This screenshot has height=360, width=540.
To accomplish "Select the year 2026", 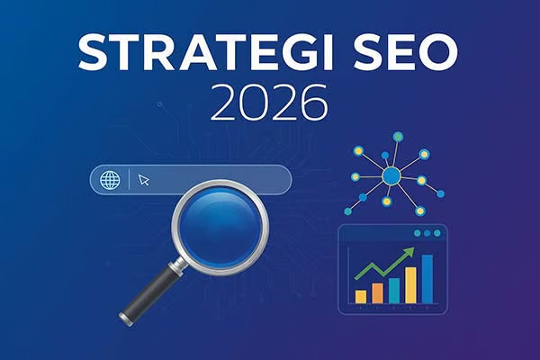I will [269, 104].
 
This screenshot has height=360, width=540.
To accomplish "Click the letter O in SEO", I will [441, 54].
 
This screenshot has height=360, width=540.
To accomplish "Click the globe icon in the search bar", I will [111, 180].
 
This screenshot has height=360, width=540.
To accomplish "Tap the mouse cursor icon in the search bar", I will [144, 180].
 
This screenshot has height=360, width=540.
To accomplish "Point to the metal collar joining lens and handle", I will [179, 264].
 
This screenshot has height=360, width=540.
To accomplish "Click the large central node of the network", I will [390, 176].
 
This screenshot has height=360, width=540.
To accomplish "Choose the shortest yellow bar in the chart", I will [361, 295].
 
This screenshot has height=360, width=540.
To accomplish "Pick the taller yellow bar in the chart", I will [410, 284].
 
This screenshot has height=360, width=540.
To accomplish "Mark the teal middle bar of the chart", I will [393, 289].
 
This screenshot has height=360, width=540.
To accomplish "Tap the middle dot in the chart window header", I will [426, 233].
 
